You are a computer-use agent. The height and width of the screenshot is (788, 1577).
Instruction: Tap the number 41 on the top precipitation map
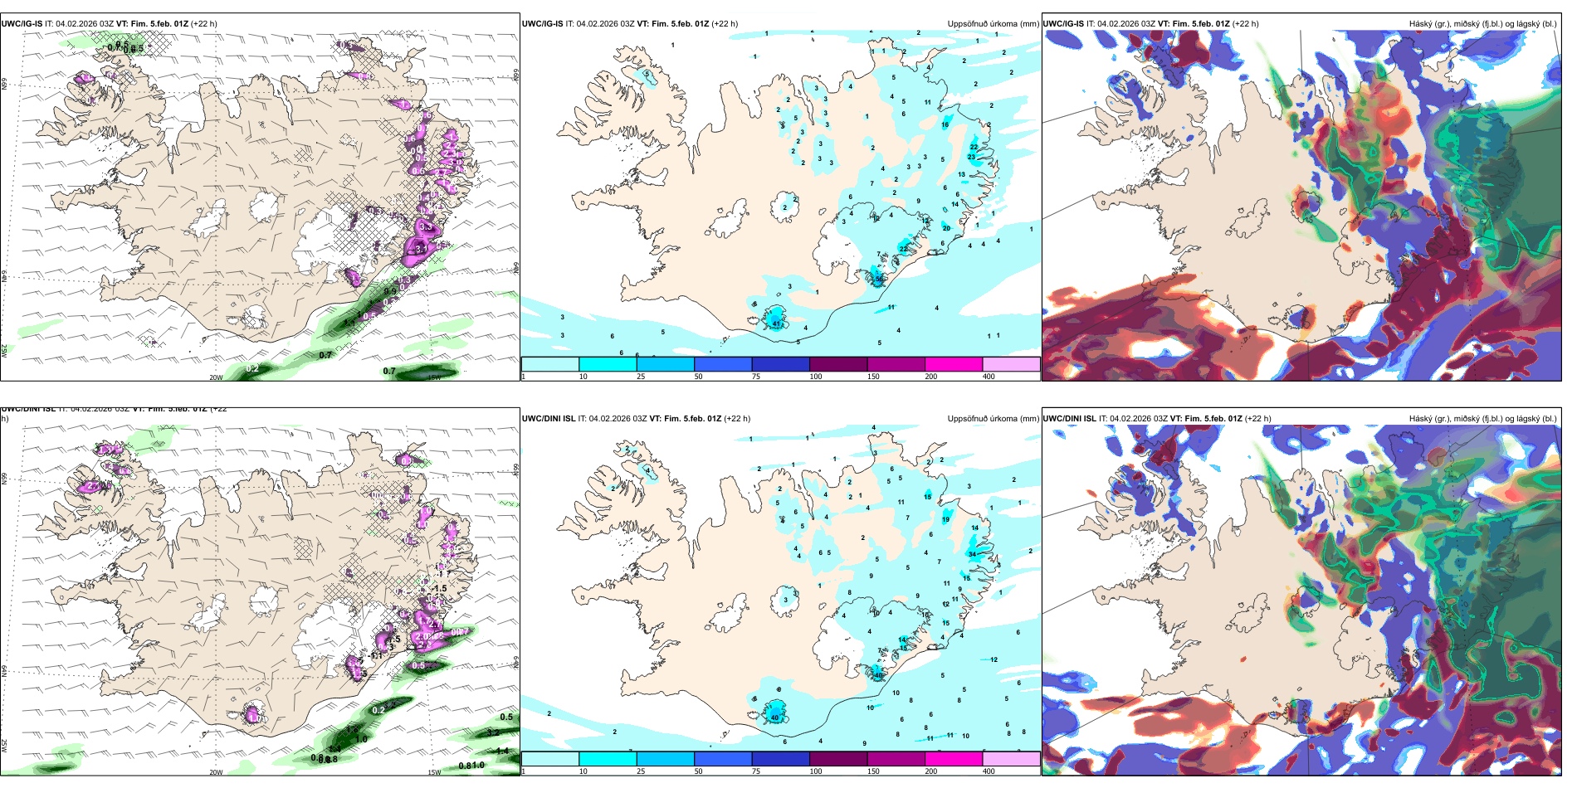[x=777, y=323]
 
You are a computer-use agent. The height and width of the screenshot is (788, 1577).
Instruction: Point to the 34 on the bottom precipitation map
[x=972, y=554]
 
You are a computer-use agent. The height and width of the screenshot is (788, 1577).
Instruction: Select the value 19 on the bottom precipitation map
[x=945, y=519]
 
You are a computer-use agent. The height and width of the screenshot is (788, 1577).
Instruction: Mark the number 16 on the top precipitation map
[x=945, y=125]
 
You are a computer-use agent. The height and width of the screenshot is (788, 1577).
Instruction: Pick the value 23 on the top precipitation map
[x=972, y=157]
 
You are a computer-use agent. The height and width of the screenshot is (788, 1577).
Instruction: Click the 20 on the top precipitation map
[x=946, y=228]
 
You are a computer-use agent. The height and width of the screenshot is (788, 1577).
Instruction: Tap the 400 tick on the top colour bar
[x=989, y=377]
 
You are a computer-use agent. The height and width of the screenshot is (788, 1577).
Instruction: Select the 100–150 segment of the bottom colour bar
[x=838, y=759]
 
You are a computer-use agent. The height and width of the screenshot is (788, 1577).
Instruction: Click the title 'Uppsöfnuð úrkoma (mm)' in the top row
[x=993, y=24]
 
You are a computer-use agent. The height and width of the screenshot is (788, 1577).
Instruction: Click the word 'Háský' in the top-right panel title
[x=1421, y=24]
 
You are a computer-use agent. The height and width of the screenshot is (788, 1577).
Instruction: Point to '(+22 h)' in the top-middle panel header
[x=725, y=24]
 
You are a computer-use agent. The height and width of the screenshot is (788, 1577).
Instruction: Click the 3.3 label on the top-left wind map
[x=426, y=226]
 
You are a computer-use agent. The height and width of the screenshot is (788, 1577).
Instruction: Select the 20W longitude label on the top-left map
[x=216, y=377]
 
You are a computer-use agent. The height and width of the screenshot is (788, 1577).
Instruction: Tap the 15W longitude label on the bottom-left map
[x=433, y=772]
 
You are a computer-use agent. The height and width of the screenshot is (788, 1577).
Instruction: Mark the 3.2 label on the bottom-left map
[x=493, y=732]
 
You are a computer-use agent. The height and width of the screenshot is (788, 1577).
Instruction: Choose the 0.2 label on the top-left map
[x=253, y=368]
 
